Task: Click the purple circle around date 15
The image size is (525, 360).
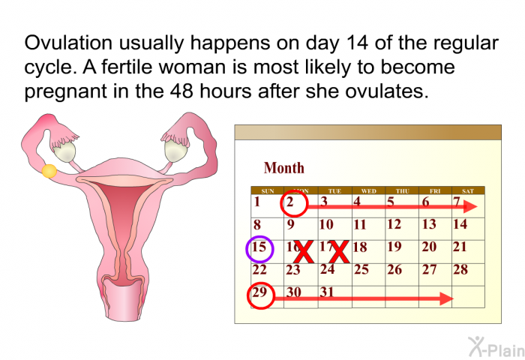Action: click(247, 249)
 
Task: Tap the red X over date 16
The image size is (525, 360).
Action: click(304, 252)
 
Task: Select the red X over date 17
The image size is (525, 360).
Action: click(339, 252)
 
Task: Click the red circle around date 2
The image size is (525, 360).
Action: click(281, 203)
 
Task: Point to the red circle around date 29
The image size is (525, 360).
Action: click(248, 296)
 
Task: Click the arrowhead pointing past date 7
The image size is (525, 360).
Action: click(469, 206)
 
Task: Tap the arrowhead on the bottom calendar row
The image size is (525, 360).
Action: click(446, 298)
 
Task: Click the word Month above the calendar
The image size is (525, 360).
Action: click(284, 168)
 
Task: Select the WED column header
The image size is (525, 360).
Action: click(369, 191)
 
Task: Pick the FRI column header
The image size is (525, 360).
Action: click(435, 191)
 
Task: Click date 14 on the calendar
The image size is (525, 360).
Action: click(460, 224)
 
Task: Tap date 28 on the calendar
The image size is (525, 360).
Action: click(460, 269)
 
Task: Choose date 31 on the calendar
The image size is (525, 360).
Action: click(327, 292)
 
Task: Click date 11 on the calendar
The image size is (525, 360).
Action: click(360, 224)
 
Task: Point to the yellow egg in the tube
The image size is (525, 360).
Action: click(49, 171)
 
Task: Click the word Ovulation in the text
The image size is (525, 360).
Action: click(68, 43)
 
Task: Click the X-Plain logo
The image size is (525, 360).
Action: click(496, 346)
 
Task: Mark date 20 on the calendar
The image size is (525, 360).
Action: click(429, 247)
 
